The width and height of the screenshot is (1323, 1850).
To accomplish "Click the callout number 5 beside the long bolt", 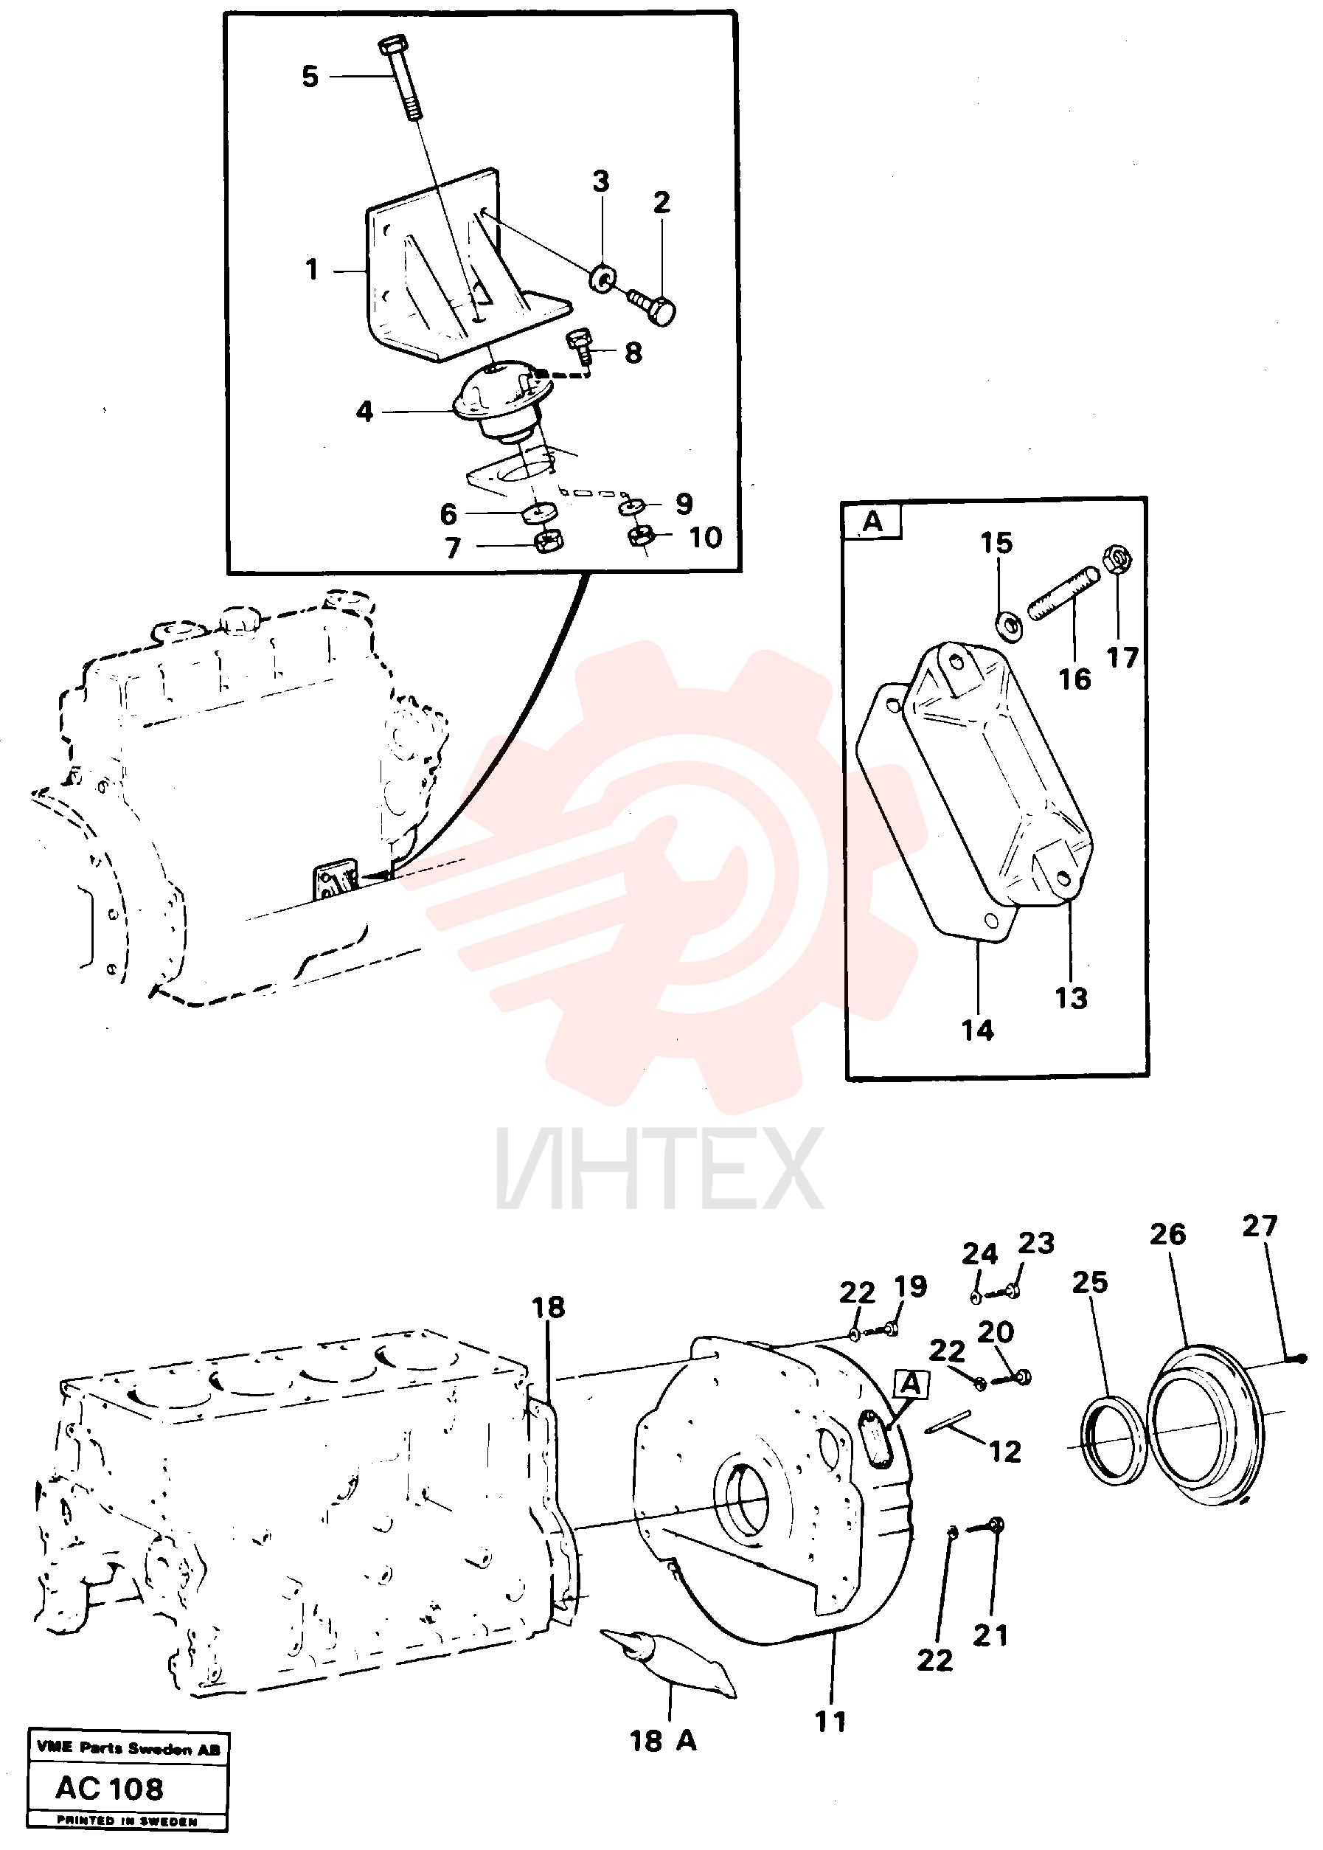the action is click(x=310, y=77).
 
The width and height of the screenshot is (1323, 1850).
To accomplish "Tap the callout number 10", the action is click(x=706, y=538).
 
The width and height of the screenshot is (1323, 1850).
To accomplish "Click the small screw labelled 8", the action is click(x=579, y=345).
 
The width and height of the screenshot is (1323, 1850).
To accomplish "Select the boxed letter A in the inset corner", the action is click(x=872, y=522).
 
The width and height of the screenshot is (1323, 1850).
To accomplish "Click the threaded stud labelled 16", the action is click(x=1063, y=595).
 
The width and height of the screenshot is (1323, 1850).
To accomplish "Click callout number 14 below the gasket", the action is click(x=978, y=1030).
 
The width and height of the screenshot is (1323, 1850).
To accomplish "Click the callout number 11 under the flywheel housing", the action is click(x=831, y=1722).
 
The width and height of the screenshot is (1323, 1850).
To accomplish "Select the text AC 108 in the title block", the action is click(x=110, y=1789).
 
